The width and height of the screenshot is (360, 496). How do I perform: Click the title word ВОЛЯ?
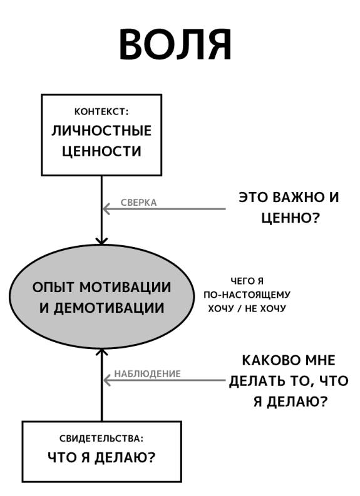(x=175, y=44)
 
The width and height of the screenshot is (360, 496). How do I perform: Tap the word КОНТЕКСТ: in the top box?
(x=101, y=112)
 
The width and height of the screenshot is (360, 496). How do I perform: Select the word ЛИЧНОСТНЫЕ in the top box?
(x=101, y=131)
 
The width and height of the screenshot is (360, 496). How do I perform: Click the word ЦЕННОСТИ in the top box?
(x=101, y=151)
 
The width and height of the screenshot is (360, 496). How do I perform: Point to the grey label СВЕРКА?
(x=139, y=203)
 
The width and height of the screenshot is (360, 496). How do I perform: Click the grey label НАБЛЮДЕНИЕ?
(x=147, y=373)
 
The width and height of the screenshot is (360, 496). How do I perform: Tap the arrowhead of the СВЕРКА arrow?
(x=106, y=209)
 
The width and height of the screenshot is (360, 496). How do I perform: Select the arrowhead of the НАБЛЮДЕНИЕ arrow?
(x=106, y=380)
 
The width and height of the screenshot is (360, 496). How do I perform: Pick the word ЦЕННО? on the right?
(x=291, y=218)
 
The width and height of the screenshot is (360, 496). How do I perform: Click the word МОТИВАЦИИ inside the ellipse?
(x=125, y=287)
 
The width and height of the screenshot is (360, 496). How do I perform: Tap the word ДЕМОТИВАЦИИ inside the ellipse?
(x=108, y=308)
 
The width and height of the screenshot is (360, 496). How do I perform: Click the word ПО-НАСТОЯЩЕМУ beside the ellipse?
(x=247, y=295)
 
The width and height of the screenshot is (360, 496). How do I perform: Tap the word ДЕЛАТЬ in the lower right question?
(x=255, y=381)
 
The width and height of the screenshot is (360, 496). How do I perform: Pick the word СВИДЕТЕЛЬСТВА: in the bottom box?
(x=101, y=438)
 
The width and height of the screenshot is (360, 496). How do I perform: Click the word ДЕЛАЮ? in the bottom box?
(x=125, y=457)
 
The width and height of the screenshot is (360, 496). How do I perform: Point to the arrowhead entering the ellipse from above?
(x=101, y=241)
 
